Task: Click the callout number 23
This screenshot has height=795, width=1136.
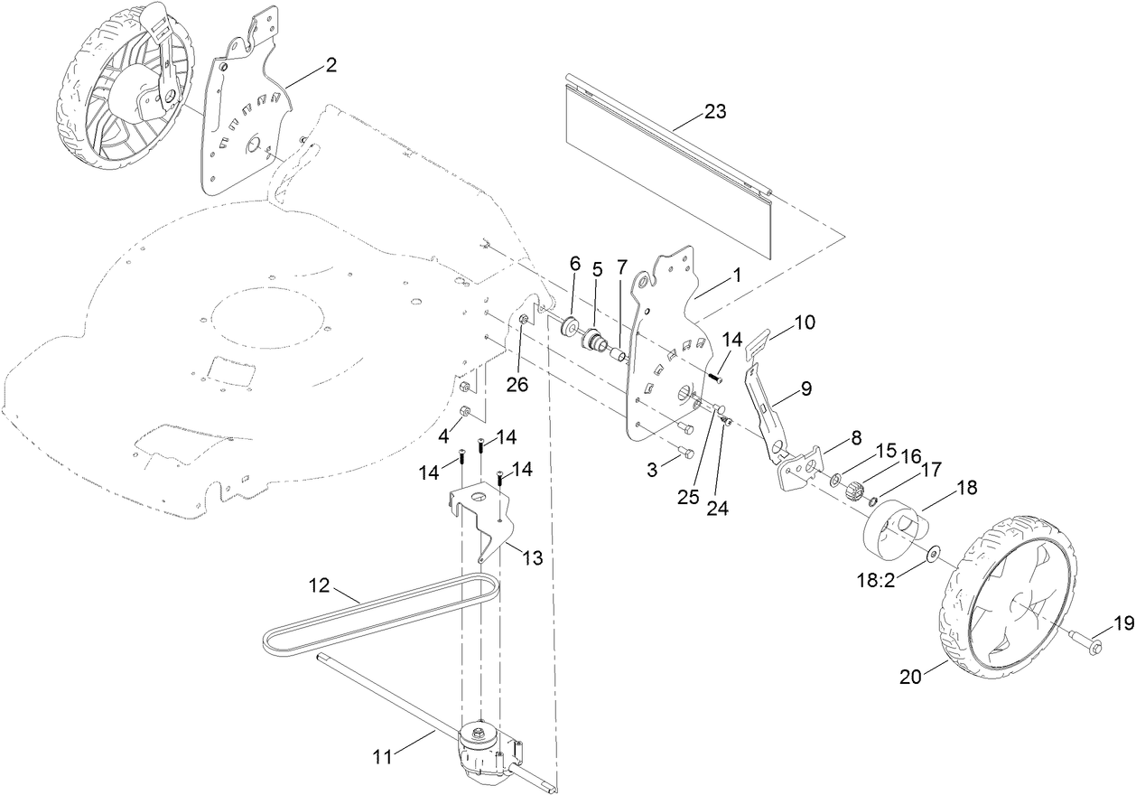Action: click(x=714, y=113)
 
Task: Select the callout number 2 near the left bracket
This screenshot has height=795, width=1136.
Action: click(x=331, y=65)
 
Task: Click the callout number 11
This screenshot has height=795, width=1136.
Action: click(x=383, y=757)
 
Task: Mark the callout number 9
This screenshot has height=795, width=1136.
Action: click(x=805, y=388)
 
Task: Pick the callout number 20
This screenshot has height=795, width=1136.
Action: click(x=911, y=677)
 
